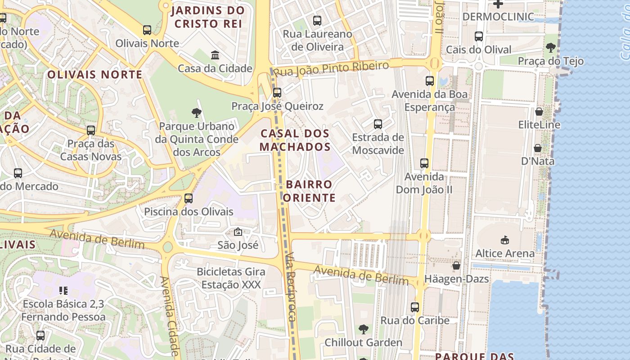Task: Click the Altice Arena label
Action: click(x=505, y=253)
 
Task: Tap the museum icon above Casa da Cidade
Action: click(x=215, y=55)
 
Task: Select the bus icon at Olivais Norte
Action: click(x=147, y=30)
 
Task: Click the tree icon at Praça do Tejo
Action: click(x=550, y=48)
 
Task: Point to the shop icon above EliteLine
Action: click(x=539, y=112)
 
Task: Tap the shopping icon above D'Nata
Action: click(x=537, y=148)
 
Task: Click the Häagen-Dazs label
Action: click(x=456, y=279)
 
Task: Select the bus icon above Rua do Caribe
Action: click(x=414, y=307)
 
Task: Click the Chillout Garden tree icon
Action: click(x=363, y=329)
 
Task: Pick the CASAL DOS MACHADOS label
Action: click(x=295, y=140)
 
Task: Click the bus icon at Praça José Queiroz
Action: click(x=277, y=93)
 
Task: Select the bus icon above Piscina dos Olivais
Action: click(x=189, y=198)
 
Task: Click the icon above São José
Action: click(x=238, y=232)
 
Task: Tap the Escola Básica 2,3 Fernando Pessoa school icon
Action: click(x=63, y=291)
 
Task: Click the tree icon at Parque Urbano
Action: click(x=196, y=113)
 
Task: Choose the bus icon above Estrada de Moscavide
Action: click(x=378, y=124)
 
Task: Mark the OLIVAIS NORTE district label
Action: click(x=94, y=75)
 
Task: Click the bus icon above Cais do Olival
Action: click(x=479, y=36)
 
